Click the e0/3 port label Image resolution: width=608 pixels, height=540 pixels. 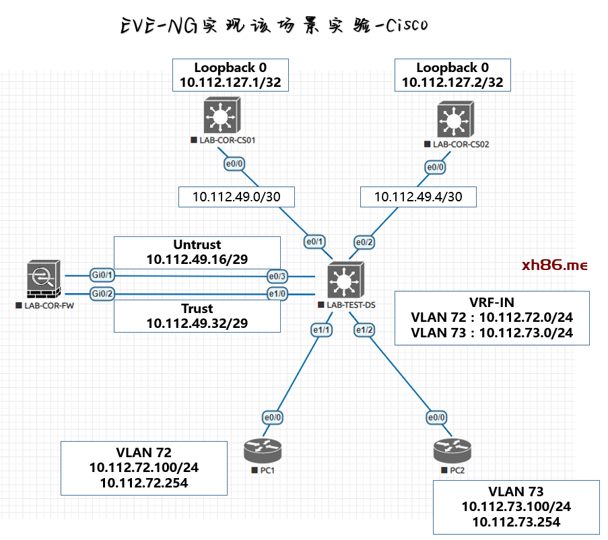[277, 276]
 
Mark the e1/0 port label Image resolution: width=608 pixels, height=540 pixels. [277, 294]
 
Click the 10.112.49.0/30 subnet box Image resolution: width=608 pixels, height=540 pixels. [236, 197]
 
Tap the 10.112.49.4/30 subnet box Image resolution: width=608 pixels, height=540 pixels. [418, 197]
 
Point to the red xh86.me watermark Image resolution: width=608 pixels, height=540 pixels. [555, 265]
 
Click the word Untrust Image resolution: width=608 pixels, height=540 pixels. [197, 244]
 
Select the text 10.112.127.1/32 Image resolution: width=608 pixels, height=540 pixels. [230, 83]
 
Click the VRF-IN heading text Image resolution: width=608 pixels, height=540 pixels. [492, 301]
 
